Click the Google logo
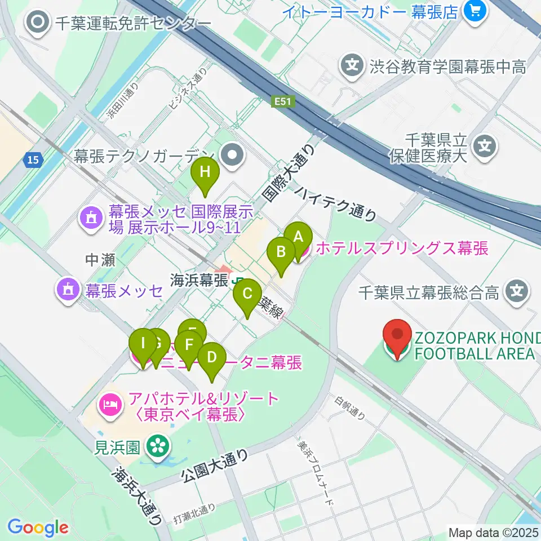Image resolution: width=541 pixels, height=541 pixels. click(38, 527)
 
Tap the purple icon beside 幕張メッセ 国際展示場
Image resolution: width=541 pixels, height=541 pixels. click(89, 217)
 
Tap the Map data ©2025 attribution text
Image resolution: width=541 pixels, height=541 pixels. click(494, 532)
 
